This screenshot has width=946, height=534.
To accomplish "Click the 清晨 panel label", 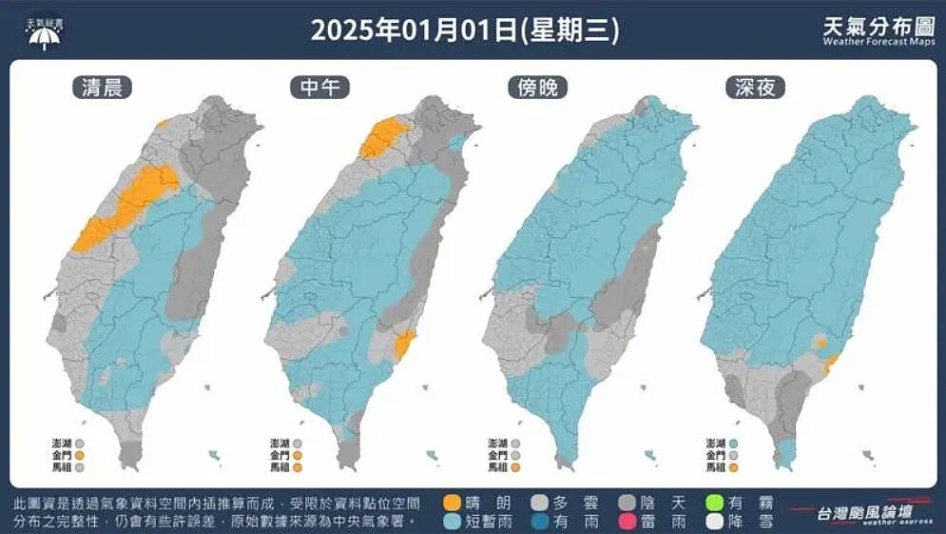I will click(x=102, y=89).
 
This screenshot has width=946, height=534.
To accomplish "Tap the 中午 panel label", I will click(x=319, y=89).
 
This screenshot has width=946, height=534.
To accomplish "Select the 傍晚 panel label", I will click(x=538, y=89).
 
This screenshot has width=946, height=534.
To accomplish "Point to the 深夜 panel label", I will click(x=755, y=89).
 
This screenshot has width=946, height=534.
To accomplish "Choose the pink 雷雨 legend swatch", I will click(x=628, y=522).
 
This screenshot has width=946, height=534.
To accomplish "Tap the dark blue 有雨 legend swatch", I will click(x=541, y=522).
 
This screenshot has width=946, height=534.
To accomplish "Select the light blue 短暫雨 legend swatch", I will click(x=454, y=522).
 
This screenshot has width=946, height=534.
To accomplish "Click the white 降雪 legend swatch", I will click(x=716, y=522).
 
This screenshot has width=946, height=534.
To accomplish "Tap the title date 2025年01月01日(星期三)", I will click(x=465, y=30).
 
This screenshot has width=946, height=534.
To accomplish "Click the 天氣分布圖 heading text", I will click(x=878, y=26).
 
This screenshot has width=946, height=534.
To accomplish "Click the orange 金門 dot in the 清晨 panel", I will click(x=81, y=455).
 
